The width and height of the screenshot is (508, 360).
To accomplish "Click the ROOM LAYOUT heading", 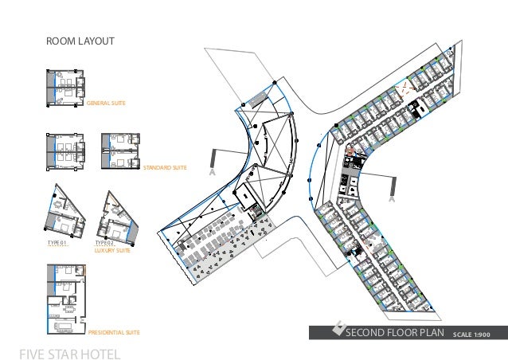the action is [x=80, y=41].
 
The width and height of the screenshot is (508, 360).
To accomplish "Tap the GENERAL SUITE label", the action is [x=106, y=104].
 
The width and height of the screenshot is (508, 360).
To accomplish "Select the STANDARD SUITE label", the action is [x=165, y=169].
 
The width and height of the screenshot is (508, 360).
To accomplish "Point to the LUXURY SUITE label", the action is [x=112, y=250].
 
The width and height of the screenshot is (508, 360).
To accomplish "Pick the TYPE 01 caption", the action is [x=57, y=243].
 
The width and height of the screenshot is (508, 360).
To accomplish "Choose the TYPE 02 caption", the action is [x=106, y=243].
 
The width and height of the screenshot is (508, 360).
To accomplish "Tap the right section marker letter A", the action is [x=392, y=201].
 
